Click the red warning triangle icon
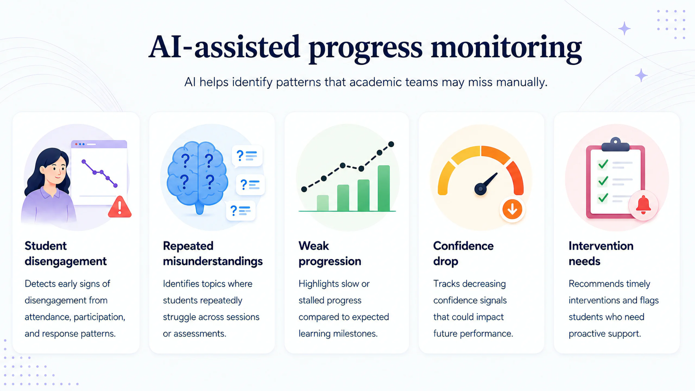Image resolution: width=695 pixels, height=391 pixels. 120,208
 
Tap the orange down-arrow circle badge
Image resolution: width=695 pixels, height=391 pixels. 512,209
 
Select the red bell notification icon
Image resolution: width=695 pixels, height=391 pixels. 643,205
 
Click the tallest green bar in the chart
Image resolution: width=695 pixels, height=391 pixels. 384,188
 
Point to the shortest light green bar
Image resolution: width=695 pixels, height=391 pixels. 323,203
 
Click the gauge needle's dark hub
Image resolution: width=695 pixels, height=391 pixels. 481,189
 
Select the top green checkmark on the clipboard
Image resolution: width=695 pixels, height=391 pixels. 603,164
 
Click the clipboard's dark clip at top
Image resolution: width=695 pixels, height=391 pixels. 615,145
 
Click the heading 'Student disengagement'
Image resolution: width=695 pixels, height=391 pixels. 66,253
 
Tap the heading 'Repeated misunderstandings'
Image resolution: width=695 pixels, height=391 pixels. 213,253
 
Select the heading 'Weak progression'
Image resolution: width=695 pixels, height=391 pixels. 330,253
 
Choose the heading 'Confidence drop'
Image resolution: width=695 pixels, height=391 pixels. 463,253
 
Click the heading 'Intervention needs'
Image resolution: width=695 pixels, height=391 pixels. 601,253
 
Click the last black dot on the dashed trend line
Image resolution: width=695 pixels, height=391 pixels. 391,144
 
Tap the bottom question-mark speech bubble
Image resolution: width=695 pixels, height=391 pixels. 241,211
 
